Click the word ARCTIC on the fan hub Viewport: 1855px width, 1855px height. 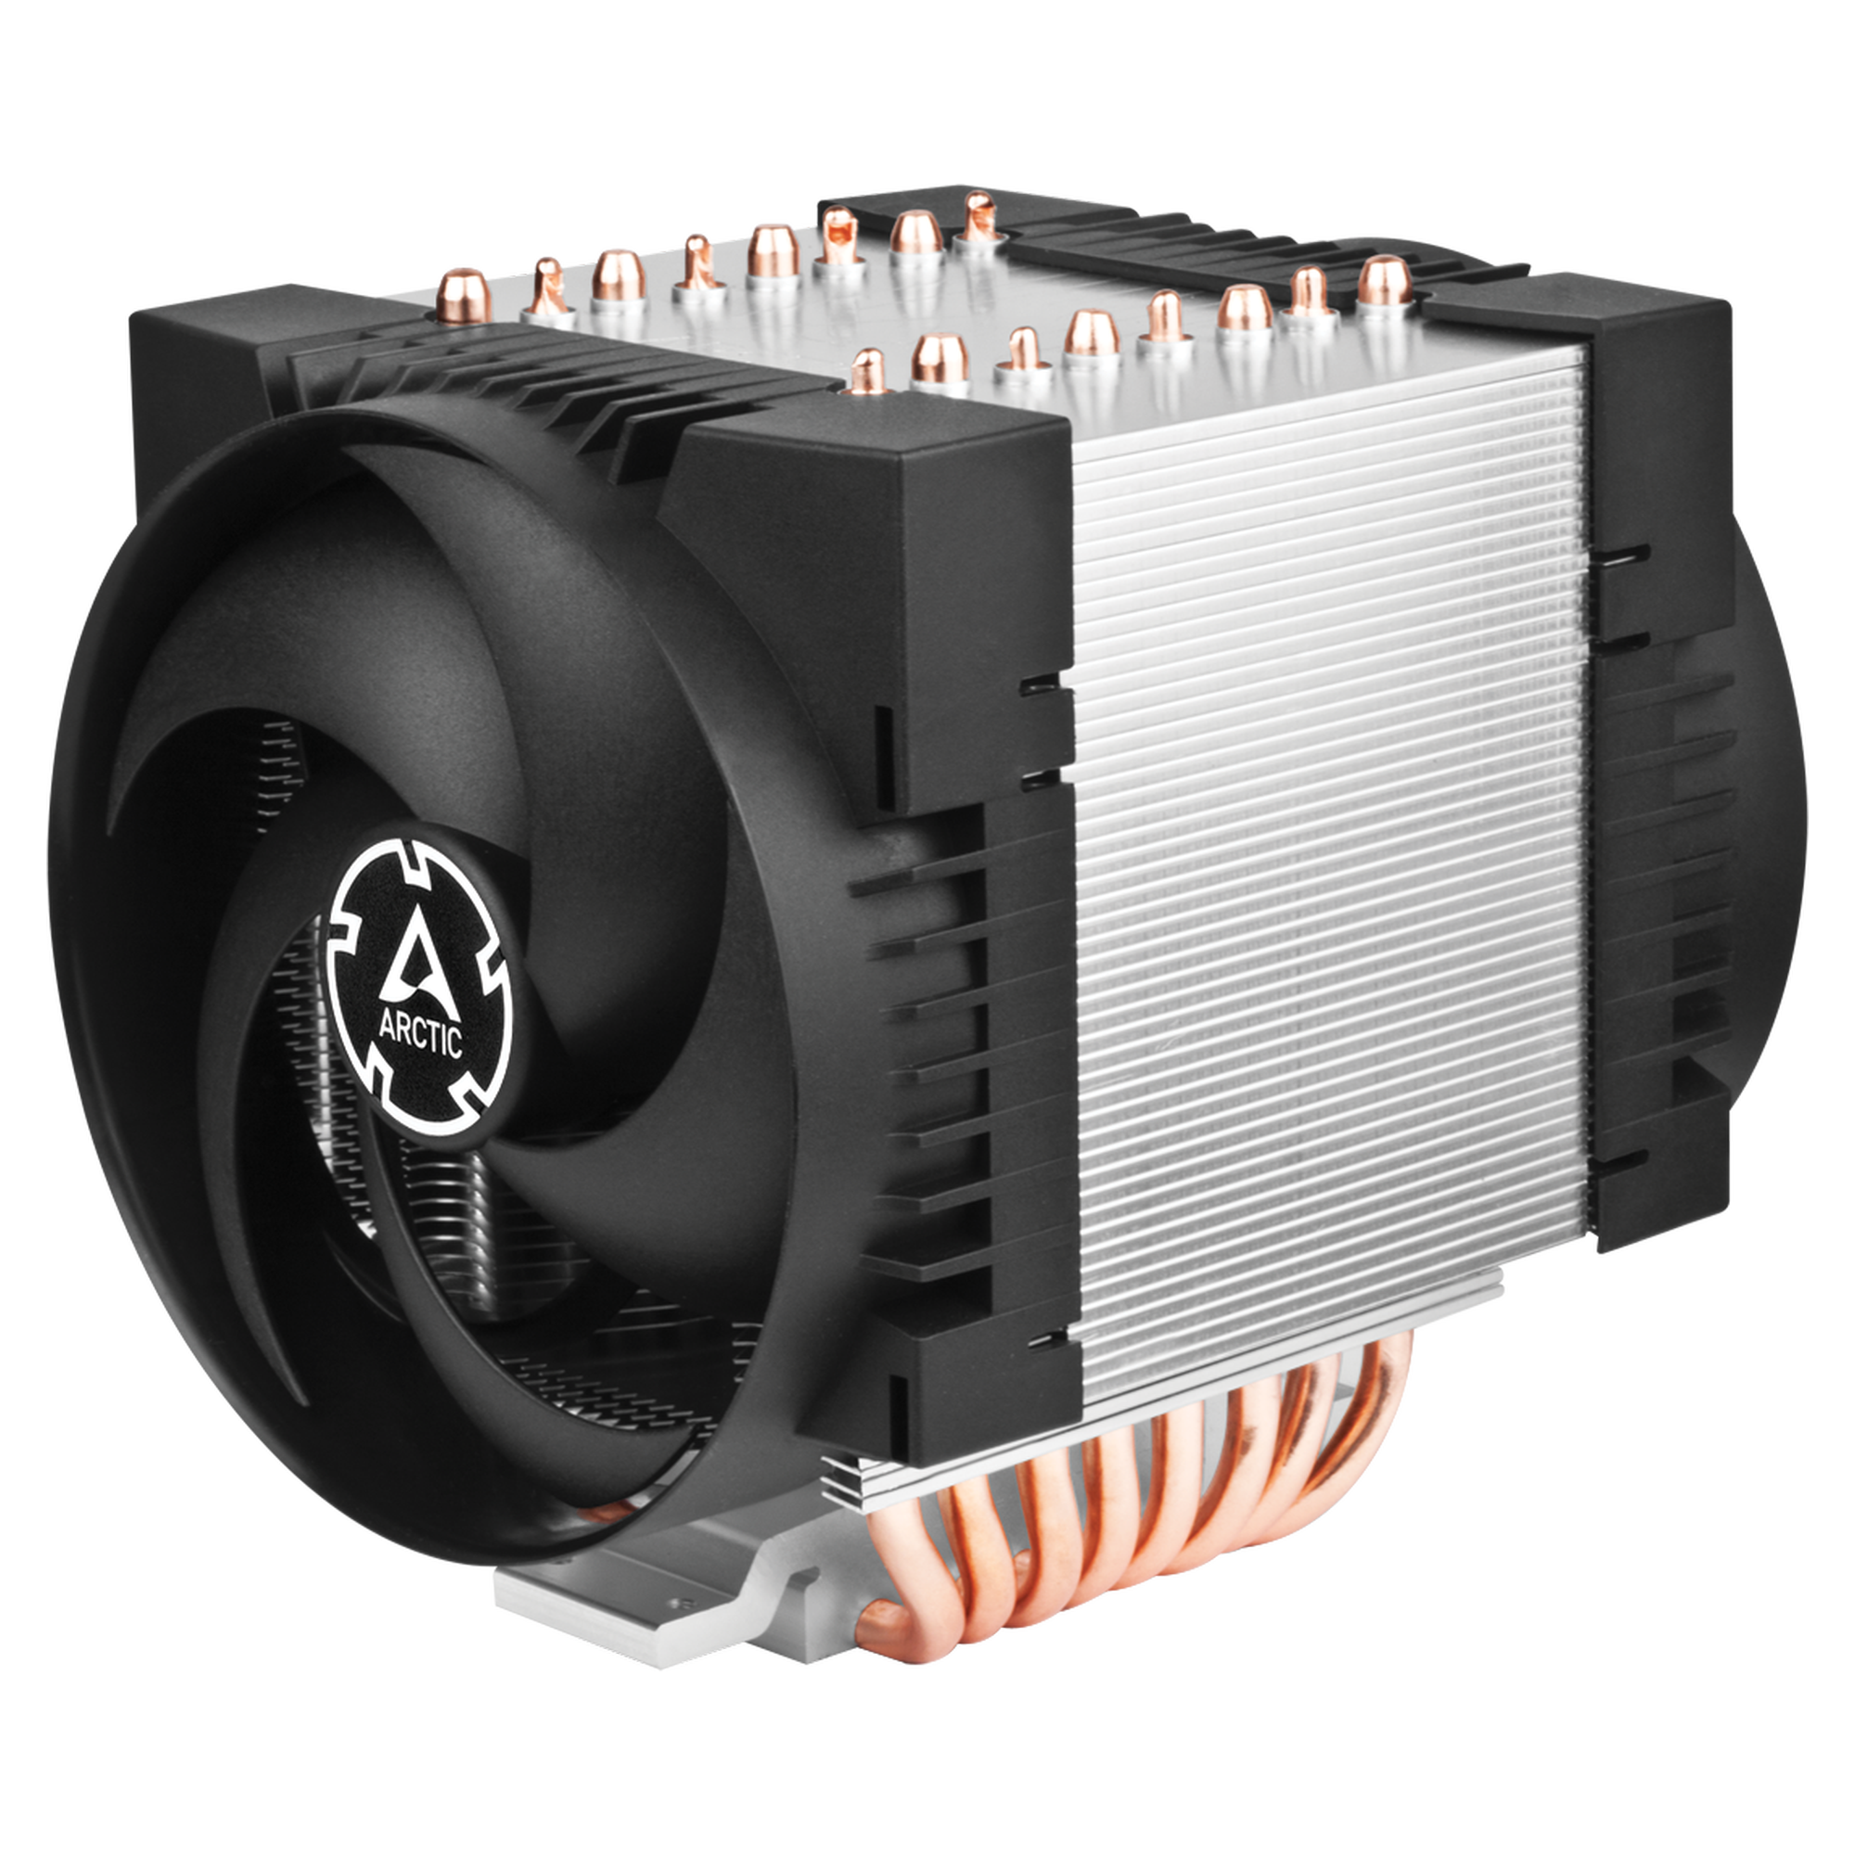coord(420,1035)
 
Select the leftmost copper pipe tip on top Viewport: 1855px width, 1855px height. coord(462,291)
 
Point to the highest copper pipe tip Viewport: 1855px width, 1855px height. coord(979,217)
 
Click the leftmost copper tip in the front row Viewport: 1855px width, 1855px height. coord(868,372)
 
